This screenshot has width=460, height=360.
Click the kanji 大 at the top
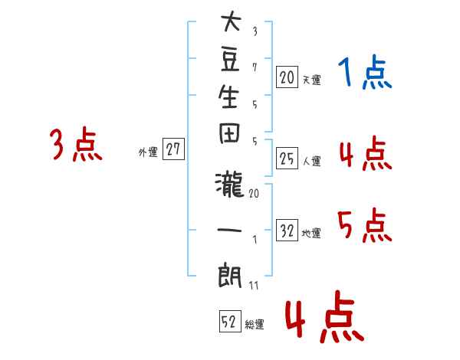[231, 21]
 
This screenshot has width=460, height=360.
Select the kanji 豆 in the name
[230, 60]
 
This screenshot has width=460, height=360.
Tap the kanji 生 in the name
[228, 97]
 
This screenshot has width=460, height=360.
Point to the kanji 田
[229, 133]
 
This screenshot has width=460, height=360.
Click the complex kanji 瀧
[229, 185]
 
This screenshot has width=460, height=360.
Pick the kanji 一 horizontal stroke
[229, 230]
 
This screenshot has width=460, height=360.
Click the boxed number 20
[287, 77]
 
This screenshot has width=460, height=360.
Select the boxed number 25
[287, 159]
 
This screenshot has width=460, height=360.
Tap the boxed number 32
[287, 231]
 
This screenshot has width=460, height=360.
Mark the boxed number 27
[173, 149]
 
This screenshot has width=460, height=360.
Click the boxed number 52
[230, 321]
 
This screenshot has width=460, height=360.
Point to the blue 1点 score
[365, 72]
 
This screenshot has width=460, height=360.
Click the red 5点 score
[365, 225]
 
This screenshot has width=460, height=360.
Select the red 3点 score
[76, 144]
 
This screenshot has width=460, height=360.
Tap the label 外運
[148, 152]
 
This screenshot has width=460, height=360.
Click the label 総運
[255, 325]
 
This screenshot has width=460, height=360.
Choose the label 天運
[312, 80]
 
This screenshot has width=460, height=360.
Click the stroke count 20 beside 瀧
[254, 193]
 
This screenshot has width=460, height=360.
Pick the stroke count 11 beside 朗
[254, 285]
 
